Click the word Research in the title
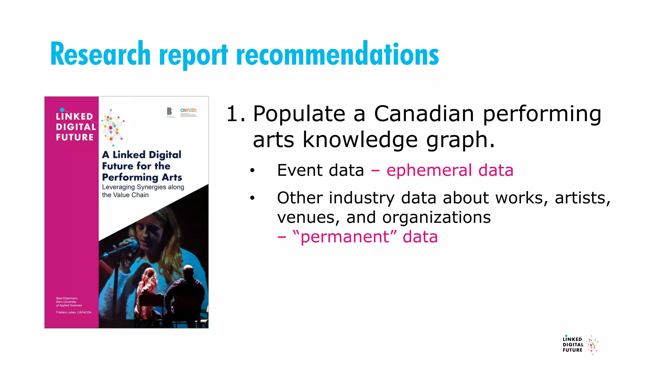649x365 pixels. point(100,54)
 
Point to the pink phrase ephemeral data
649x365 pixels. point(450,170)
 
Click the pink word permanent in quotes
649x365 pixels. point(345,237)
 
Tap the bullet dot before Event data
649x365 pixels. point(252,171)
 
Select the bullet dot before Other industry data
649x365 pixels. point(252,198)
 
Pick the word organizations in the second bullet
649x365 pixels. point(436,218)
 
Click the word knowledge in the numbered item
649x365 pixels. point(360,140)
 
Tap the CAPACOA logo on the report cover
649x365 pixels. point(189,111)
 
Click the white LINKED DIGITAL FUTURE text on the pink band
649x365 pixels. point(75,127)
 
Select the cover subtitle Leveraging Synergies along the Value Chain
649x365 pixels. point(143,191)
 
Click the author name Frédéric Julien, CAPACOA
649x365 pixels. point(74,312)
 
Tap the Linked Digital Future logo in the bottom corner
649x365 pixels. point(580,345)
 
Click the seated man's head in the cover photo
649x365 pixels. point(188,272)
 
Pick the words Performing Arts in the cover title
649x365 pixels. point(142,177)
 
